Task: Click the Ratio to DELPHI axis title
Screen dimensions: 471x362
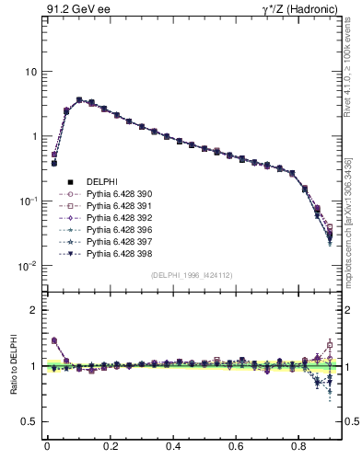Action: click(14, 364)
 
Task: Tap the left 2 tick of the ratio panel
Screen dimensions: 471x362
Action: click(33, 310)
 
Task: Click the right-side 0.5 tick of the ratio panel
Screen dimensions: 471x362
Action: click(350, 421)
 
